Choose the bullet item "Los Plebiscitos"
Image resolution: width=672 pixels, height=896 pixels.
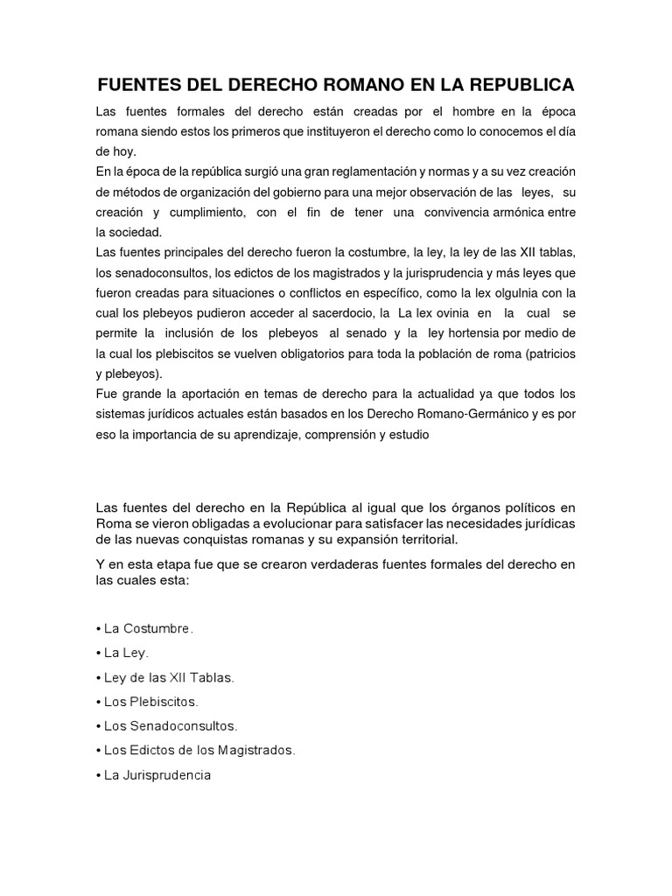point(150,702)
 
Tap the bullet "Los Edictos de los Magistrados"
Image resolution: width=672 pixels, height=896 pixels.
point(199,750)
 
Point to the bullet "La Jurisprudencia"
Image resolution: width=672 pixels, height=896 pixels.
point(157,775)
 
